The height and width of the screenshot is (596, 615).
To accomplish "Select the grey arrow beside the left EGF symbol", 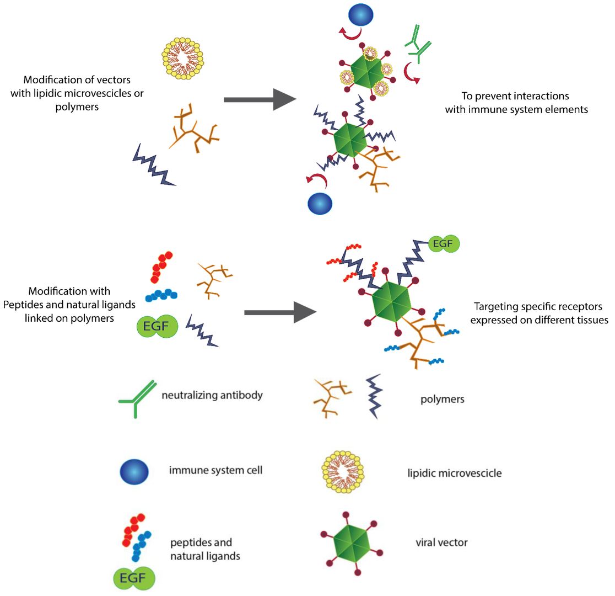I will [x=280, y=312].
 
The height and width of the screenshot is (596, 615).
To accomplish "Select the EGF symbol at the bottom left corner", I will [x=134, y=578].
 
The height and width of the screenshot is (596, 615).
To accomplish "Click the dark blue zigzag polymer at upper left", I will [x=154, y=164].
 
